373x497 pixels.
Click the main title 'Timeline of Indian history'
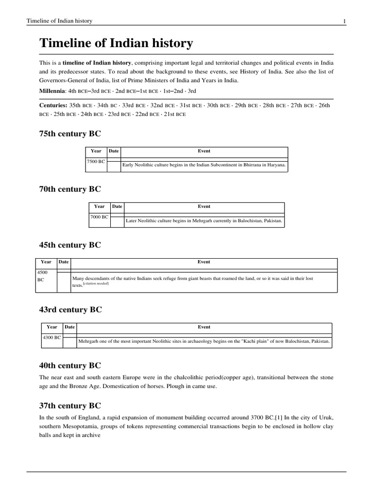(116, 44)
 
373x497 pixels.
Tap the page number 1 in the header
(344, 21)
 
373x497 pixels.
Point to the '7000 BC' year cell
(99, 216)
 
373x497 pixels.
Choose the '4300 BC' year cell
(51, 337)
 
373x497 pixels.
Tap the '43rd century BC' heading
(70, 310)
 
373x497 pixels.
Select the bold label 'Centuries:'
(53, 105)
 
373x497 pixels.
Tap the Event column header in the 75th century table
(204, 151)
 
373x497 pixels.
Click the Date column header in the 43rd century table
(69, 327)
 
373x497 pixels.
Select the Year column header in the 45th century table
(46, 262)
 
